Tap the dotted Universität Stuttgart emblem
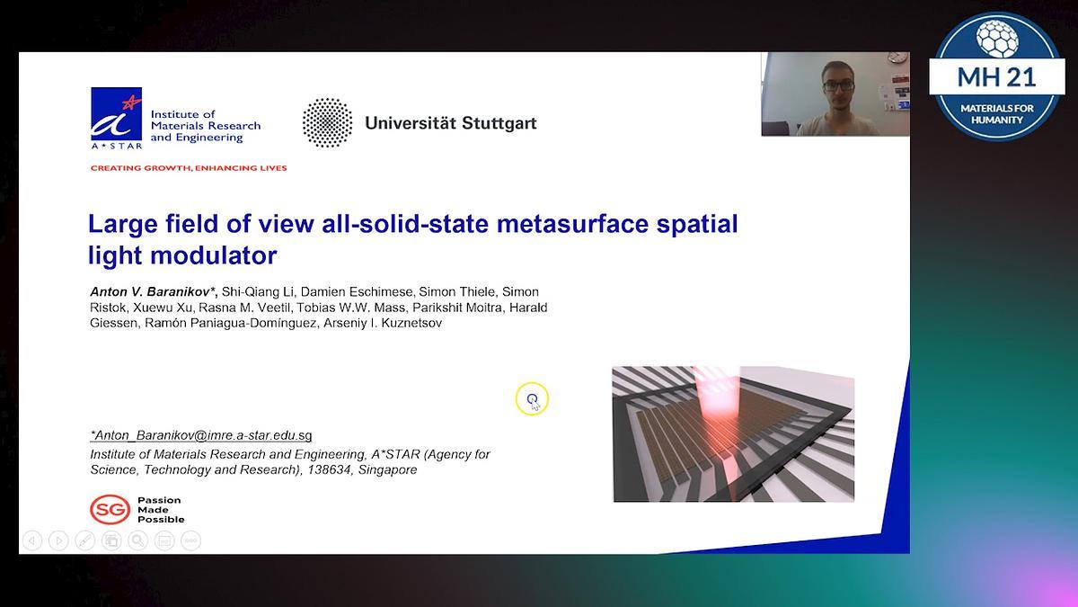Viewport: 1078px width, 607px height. [327, 122]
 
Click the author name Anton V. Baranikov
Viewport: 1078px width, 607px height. [153, 292]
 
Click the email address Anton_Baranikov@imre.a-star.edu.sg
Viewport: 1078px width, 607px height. [201, 435]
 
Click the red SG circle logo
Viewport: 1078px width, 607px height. [110, 510]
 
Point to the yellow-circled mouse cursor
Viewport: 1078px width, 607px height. [533, 399]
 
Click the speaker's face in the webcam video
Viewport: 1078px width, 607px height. [837, 90]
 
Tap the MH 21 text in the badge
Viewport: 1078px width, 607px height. [996, 76]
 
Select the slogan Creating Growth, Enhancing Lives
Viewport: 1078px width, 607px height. [189, 168]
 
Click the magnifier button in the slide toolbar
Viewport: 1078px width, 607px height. [137, 540]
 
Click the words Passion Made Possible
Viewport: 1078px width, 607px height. [161, 510]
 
